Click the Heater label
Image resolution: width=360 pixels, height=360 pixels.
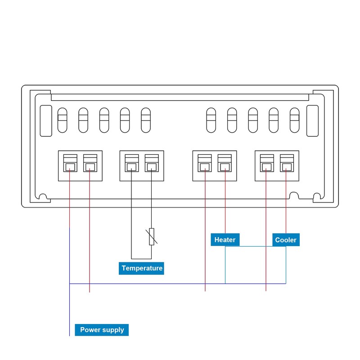[225, 240]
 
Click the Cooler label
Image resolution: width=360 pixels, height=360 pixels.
[286, 240]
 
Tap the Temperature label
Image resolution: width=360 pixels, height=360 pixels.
[142, 268]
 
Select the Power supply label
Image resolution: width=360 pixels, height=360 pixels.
[102, 330]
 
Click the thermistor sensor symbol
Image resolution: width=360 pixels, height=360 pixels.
[152, 236]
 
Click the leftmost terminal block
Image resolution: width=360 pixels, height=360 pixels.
[80, 166]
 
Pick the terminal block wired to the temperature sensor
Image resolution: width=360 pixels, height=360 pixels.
[142, 166]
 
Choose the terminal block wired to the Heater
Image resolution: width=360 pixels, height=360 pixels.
[215, 166]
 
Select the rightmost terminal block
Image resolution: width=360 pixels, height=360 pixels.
[277, 166]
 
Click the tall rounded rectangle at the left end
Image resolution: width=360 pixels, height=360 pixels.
[46, 121]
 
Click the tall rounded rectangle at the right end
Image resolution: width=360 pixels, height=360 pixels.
[312, 121]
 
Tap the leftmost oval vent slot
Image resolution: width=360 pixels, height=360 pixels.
[62, 120]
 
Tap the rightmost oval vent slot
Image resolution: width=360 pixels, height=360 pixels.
[294, 120]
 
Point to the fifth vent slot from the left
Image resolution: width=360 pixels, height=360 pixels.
[145, 120]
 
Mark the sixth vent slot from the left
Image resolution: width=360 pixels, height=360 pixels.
[211, 120]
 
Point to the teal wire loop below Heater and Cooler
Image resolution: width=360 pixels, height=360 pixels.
[255, 247]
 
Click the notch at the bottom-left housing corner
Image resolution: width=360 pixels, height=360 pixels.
[43, 197]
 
